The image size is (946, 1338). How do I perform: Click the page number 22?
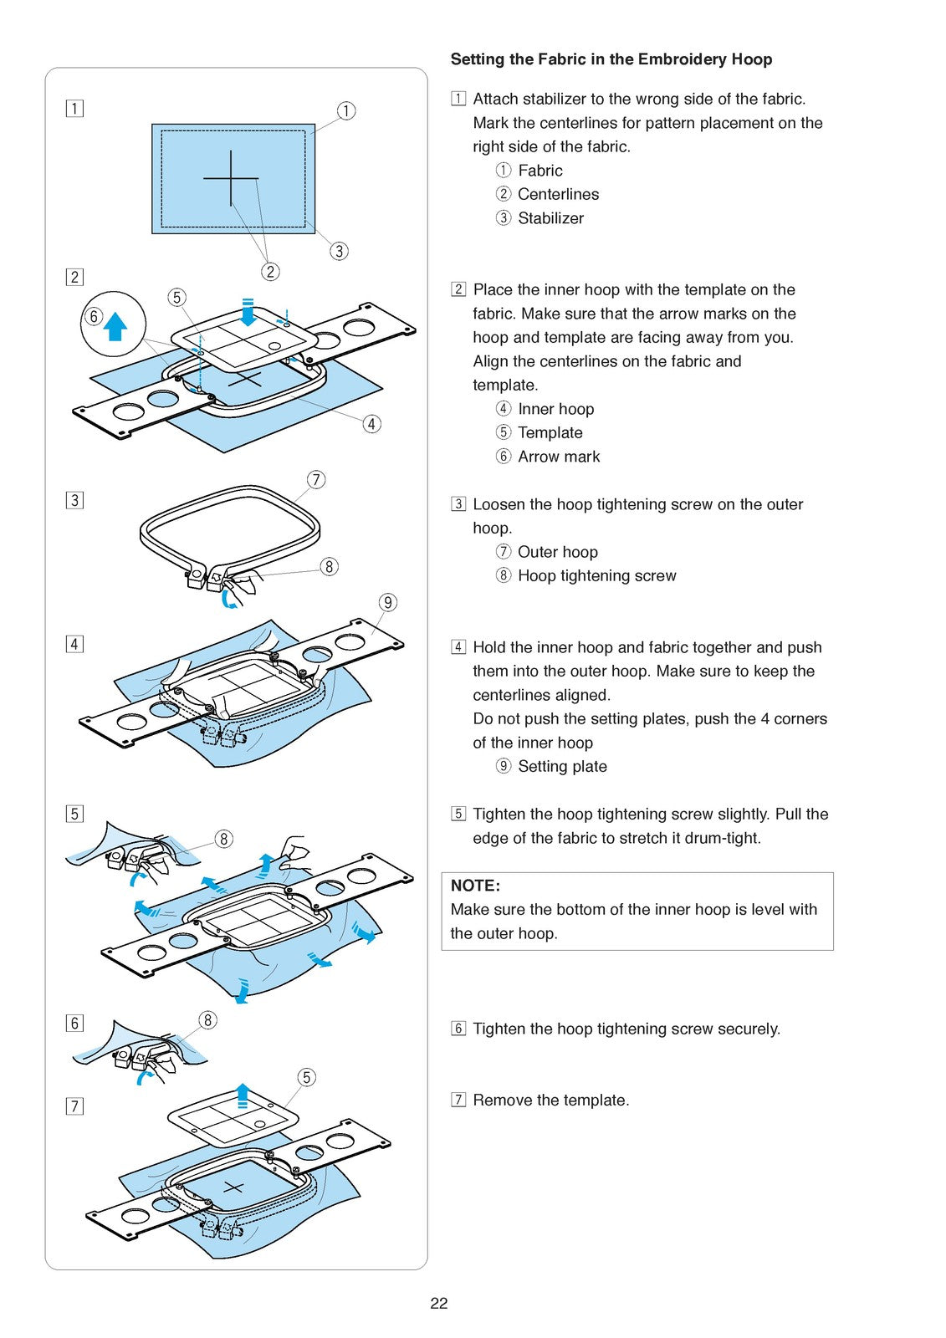pos(438,1303)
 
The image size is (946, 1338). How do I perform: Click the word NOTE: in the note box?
pos(475,886)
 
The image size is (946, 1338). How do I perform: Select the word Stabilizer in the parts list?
pos(550,218)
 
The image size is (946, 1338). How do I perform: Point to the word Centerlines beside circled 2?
pos(558,194)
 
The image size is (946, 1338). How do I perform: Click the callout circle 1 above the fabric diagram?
pos(346,110)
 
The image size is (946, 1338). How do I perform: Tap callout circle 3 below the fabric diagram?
pos(339,251)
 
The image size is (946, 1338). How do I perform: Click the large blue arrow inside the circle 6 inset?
pos(115,327)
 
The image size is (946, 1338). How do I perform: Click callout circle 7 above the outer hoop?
pos(316,479)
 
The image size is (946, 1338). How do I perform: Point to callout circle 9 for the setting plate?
pos(388,602)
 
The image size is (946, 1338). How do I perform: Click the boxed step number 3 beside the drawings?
pos(74,500)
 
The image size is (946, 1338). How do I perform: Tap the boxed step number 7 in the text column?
pos(458,1100)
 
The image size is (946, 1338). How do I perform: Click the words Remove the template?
pos(551,1101)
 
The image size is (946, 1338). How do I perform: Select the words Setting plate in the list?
pos(562,766)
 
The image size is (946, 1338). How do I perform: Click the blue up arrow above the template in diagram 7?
pos(242,1095)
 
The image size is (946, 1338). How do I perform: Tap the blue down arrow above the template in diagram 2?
pos(248,313)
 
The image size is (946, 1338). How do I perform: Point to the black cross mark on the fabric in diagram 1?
pos(231,178)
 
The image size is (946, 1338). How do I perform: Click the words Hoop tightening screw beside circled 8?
pos(597,576)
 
